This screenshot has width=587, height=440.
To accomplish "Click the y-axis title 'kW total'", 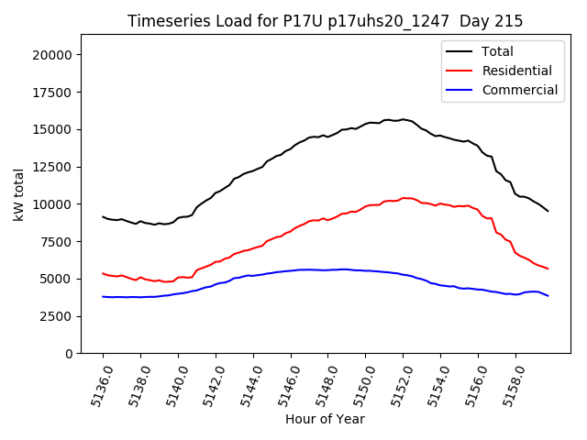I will tap(18, 193).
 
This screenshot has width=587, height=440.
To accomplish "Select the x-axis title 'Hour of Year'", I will tap(325, 419).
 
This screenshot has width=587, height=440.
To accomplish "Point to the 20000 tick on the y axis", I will tap(52, 55).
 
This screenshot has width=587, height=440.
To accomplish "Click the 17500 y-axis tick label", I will tap(52, 93).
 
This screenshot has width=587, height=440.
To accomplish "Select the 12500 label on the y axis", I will tap(52, 167).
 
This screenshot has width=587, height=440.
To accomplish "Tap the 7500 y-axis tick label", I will tap(56, 242).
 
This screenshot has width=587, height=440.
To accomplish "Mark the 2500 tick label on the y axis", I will tap(56, 316).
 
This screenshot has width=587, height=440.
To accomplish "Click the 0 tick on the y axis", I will tap(68, 354).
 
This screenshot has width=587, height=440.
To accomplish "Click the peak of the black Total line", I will tap(402, 119).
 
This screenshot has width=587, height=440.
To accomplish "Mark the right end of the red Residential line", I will tap(548, 269).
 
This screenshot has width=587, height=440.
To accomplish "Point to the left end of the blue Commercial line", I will tap(103, 296).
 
